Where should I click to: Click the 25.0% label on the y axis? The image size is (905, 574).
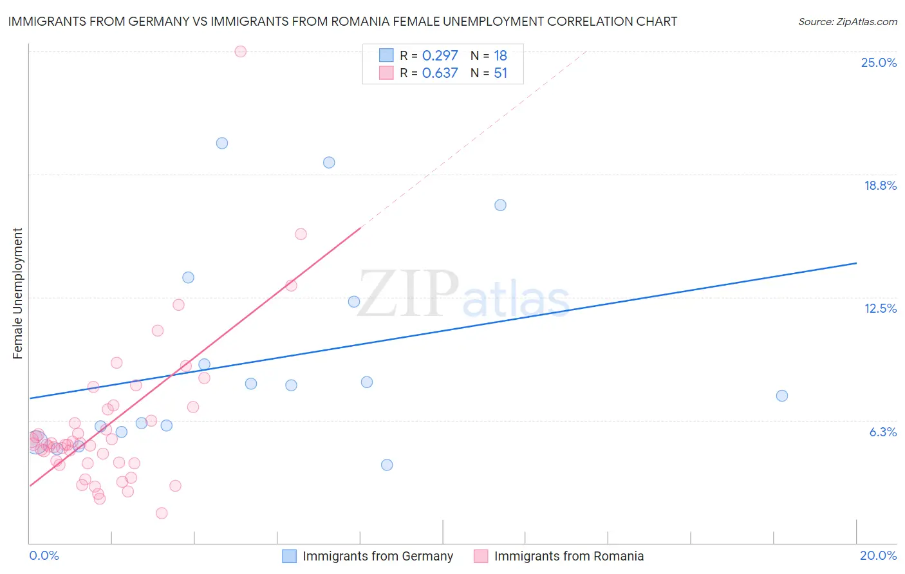pos(879,62)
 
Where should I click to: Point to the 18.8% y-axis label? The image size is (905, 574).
pos(880,185)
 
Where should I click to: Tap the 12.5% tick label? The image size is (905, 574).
pos(880,308)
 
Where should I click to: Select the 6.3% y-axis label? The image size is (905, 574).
pos(882,432)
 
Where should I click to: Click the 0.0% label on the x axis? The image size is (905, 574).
pos(44,555)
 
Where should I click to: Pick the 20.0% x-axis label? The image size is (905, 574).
pos(878,555)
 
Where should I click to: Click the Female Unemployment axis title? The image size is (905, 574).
pos(17,293)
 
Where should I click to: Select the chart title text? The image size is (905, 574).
pos(342,21)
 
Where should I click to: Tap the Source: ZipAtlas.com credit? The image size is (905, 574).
pos(847,21)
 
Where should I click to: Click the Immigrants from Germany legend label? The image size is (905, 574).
pos(378,556)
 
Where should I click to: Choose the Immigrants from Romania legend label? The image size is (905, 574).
pos(569,556)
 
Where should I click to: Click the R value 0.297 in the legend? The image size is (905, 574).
pos(440,55)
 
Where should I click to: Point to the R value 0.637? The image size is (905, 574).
pos(440,73)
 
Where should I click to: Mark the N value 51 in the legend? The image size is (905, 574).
pos(500,73)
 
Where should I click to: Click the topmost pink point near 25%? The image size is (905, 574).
pos(240,51)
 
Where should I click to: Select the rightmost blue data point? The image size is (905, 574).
pos(781,396)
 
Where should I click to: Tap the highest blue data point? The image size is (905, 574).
pos(222,143)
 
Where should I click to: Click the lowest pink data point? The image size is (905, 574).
pos(162,513)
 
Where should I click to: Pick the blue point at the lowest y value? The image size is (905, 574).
pos(387,465)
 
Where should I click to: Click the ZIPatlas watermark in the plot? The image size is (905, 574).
pos(463,295)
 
